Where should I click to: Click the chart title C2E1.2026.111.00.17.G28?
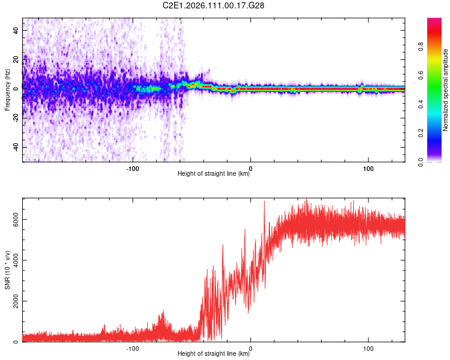[x=214, y=5]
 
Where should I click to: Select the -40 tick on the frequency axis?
[x=16, y=147]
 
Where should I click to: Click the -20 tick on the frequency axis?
[x=16, y=118]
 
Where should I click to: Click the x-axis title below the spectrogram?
[x=214, y=174]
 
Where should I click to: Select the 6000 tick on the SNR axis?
[x=13, y=220]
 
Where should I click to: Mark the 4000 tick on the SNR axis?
[x=13, y=260]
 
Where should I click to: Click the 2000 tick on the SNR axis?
[x=13, y=301]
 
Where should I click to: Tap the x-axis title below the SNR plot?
[x=214, y=354]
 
